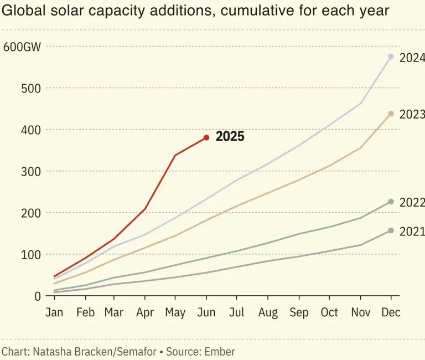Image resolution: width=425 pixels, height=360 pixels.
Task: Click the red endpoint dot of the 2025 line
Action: coord(206,137)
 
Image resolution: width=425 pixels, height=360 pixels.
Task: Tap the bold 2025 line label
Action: coord(230,137)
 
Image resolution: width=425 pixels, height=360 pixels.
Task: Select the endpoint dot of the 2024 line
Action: coord(391,56)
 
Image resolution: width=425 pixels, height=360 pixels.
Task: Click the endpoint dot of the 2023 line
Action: coord(391,114)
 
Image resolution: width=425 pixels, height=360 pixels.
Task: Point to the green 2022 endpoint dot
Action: coord(391,202)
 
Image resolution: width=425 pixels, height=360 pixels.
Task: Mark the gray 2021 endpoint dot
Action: coord(391,230)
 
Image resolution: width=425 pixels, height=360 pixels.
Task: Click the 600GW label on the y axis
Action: coord(22,47)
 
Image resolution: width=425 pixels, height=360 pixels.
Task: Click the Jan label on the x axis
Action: coord(54,313)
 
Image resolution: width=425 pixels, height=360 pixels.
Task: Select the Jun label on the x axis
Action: coord(206,313)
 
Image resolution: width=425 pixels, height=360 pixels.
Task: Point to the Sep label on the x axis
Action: coord(299,313)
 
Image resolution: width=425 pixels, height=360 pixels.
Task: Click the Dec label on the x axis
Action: coord(391,313)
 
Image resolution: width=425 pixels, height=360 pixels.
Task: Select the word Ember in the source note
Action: coord(220,351)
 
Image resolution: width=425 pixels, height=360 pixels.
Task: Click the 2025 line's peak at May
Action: coord(175,155)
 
